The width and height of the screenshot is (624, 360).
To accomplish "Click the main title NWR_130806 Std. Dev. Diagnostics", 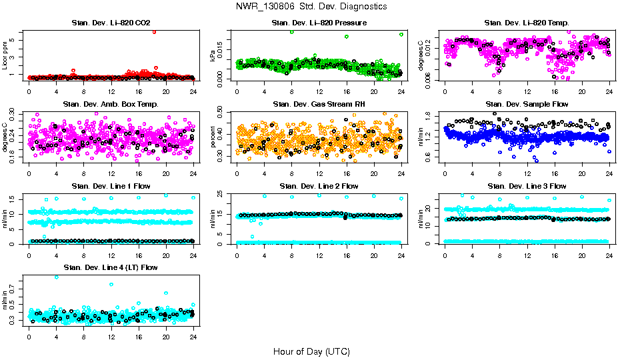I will [x=311, y=7].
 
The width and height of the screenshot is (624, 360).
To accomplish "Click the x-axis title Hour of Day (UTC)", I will [x=311, y=351].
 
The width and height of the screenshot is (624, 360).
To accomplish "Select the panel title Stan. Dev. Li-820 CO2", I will [x=111, y=23].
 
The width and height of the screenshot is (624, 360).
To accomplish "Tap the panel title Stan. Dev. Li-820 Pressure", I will [x=319, y=23].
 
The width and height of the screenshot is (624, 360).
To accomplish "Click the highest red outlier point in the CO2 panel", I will [x=155, y=31].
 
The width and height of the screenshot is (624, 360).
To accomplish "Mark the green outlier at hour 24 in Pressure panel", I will [x=401, y=35].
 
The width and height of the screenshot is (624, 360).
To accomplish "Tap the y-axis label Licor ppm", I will [x=5, y=55].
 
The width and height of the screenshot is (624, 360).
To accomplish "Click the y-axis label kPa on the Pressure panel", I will [x=213, y=56].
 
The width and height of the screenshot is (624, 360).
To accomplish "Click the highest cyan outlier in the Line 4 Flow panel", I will [x=57, y=277].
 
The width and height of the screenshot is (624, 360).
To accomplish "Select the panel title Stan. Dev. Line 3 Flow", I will [x=527, y=186].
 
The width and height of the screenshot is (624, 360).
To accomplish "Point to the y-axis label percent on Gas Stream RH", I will [x=213, y=137].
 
